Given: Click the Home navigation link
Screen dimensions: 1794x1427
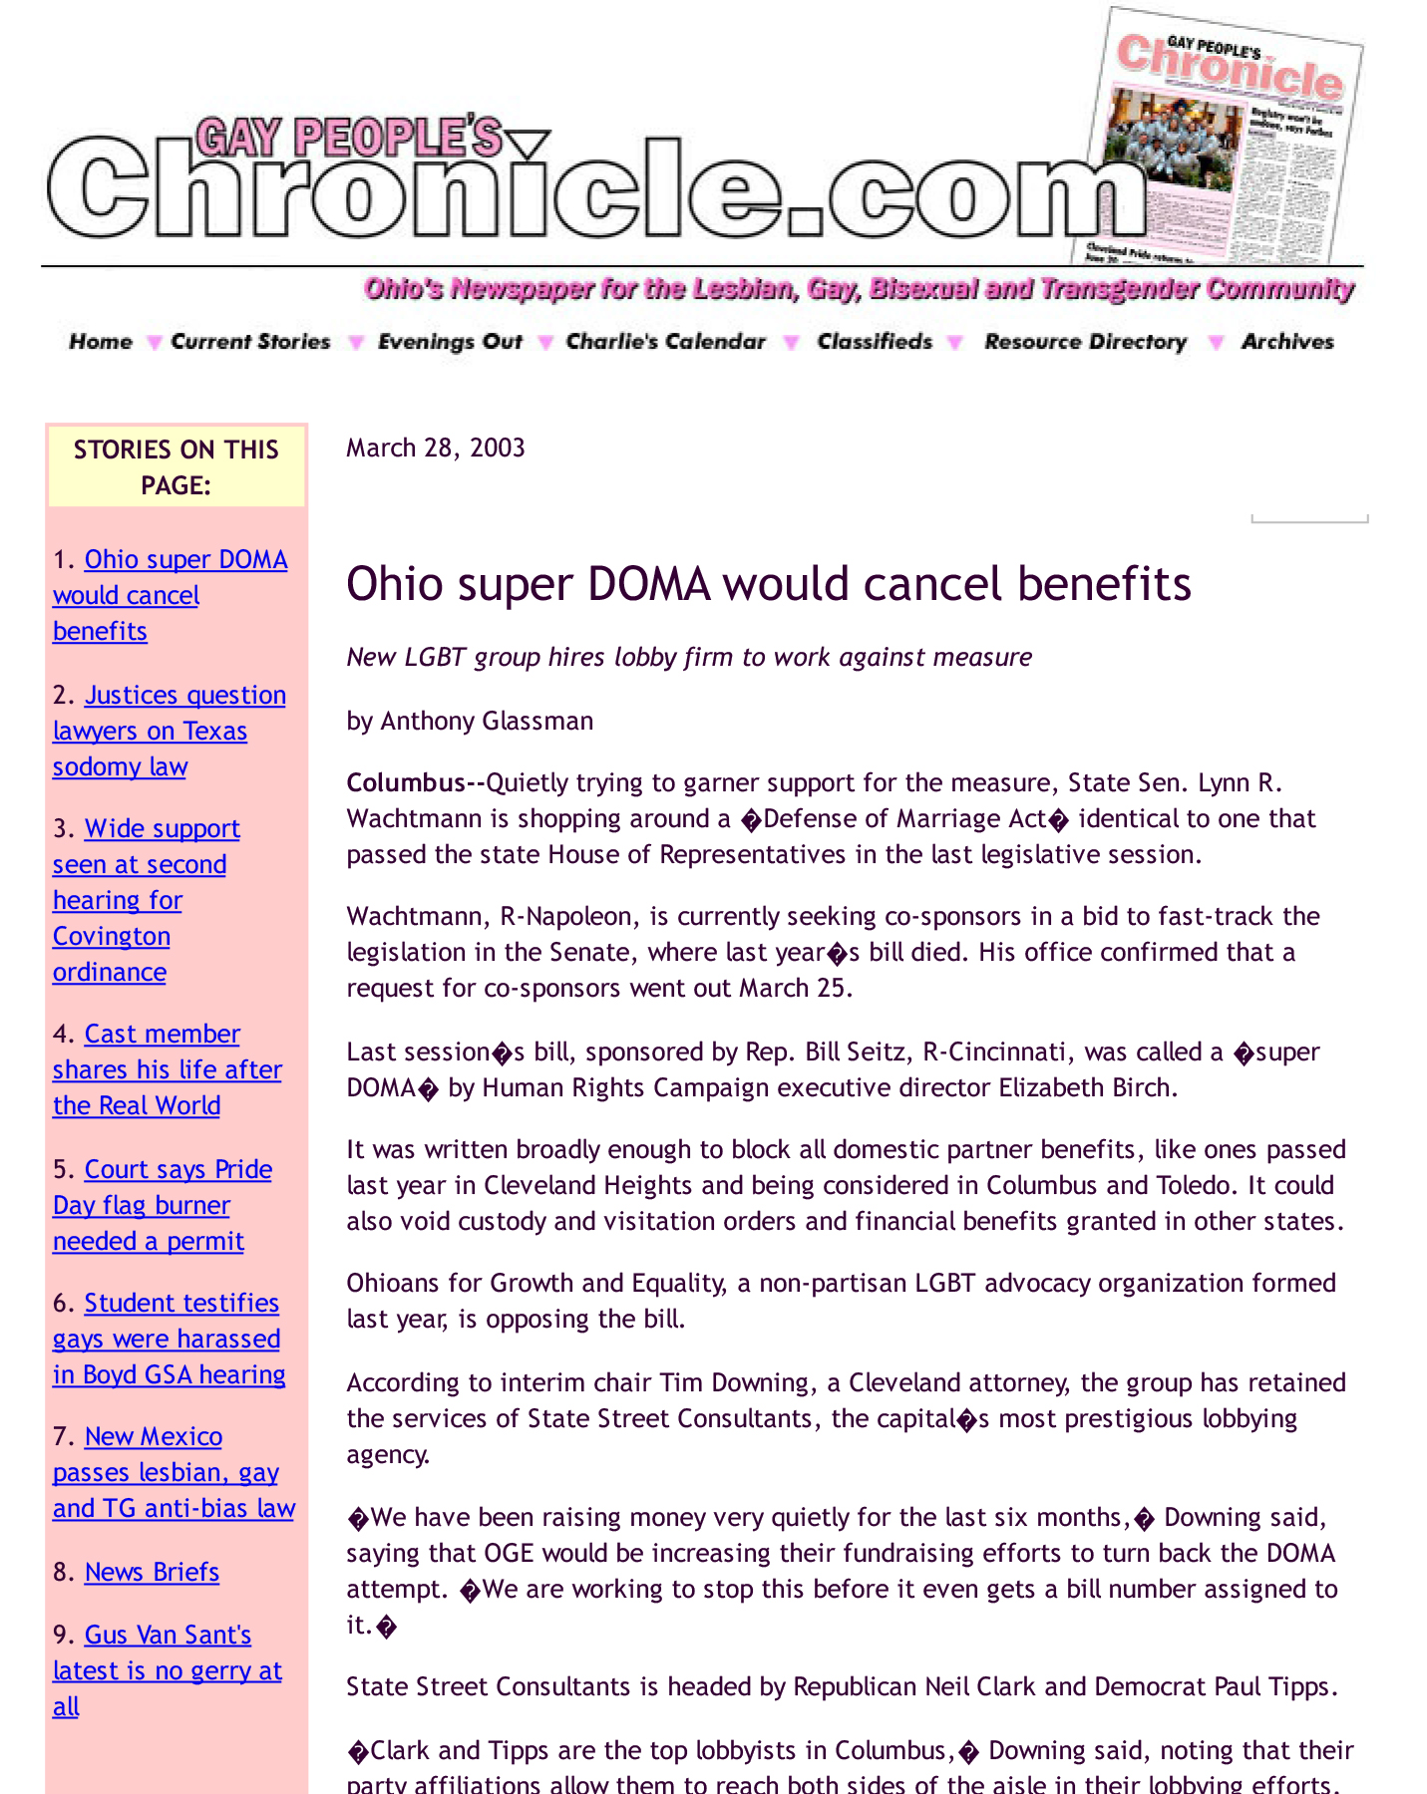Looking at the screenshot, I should coord(100,342).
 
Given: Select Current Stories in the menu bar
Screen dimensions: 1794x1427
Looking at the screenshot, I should coord(250,342).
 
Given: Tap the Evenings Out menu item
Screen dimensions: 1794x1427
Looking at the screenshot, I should coord(450,342).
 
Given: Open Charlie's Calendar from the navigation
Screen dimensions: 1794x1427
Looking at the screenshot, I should coord(665,342).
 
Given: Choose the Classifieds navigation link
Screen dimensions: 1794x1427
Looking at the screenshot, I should coord(875,342).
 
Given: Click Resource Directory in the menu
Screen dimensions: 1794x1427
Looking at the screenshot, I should coord(1085,342).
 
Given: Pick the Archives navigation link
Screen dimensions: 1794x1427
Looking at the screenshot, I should coord(1286,342).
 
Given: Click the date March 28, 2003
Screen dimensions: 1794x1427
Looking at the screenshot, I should coord(436,448).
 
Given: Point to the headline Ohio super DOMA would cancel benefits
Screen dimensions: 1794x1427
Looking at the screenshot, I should coord(768,584).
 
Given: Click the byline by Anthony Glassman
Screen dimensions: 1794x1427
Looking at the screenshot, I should coord(470,721).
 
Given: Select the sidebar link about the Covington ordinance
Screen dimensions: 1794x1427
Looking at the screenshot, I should coord(139,900).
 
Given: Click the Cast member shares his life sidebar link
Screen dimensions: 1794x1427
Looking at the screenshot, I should coord(167,1069).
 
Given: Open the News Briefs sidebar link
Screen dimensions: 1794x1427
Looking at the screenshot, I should coord(152,1572).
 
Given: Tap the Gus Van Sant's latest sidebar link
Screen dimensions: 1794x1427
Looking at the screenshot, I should coord(167,1669).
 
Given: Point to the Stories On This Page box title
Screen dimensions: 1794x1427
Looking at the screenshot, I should coord(176,466).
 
